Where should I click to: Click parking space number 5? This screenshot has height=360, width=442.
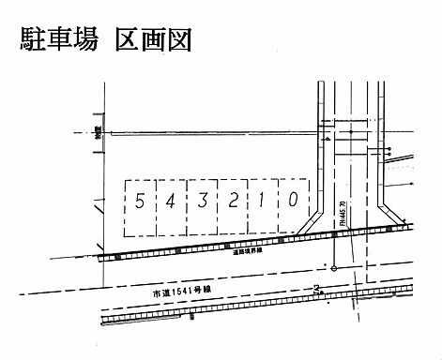click(139, 202)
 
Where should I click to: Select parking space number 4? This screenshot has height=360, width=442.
click(169, 201)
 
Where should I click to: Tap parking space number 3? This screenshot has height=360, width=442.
click(201, 201)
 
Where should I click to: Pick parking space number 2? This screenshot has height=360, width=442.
click(233, 201)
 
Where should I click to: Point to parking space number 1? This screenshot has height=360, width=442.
click(264, 200)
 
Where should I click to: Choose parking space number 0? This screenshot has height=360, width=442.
click(294, 199)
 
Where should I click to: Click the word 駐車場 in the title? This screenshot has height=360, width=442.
click(59, 41)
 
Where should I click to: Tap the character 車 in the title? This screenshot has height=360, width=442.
click(59, 41)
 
